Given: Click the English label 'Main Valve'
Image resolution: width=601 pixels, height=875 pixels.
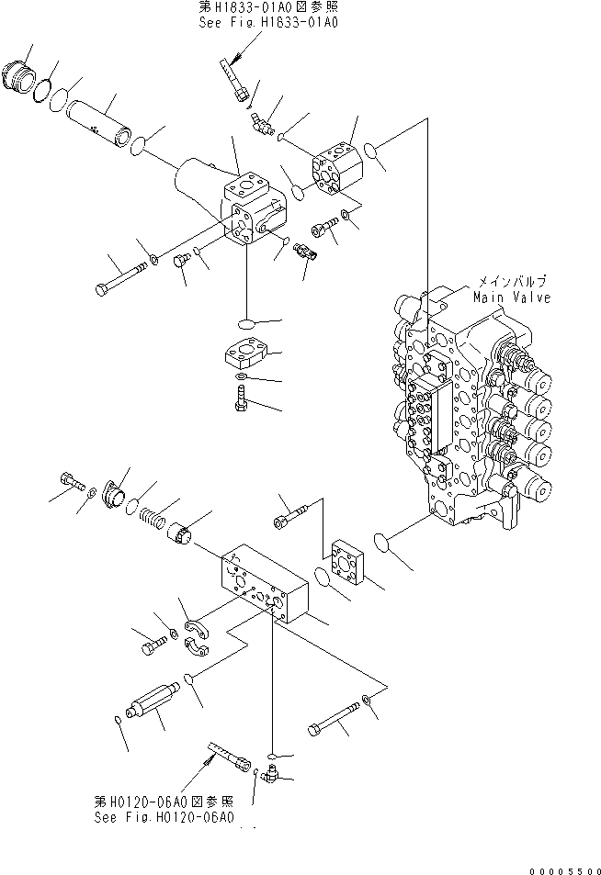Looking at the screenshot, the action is click(x=512, y=297).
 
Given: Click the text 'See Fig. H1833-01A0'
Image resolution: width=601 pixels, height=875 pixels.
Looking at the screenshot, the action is click(x=268, y=22).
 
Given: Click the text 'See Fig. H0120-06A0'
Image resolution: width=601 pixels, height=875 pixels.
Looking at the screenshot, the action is click(x=164, y=817).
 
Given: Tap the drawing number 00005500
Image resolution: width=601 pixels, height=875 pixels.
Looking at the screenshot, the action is click(x=564, y=870).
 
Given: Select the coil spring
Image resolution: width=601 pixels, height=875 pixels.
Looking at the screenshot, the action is click(x=152, y=517).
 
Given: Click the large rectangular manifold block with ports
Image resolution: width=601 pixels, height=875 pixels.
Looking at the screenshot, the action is click(x=265, y=583).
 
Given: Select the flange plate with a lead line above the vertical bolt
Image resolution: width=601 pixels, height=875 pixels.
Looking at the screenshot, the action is click(x=245, y=353).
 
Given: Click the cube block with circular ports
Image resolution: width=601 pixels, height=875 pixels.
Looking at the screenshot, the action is click(x=337, y=168).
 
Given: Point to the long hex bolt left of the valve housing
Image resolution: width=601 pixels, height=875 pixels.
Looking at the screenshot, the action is click(x=121, y=279).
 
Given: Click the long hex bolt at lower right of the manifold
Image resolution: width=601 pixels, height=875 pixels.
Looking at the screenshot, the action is click(x=334, y=719).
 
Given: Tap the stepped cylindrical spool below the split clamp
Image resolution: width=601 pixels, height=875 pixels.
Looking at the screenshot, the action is click(x=153, y=701).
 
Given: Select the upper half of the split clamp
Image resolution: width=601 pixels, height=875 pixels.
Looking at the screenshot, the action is click(x=198, y=628).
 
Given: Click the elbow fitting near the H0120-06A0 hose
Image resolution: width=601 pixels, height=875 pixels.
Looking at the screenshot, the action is click(x=272, y=773).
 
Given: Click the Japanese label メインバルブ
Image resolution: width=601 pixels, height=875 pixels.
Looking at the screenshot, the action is click(x=512, y=282).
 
